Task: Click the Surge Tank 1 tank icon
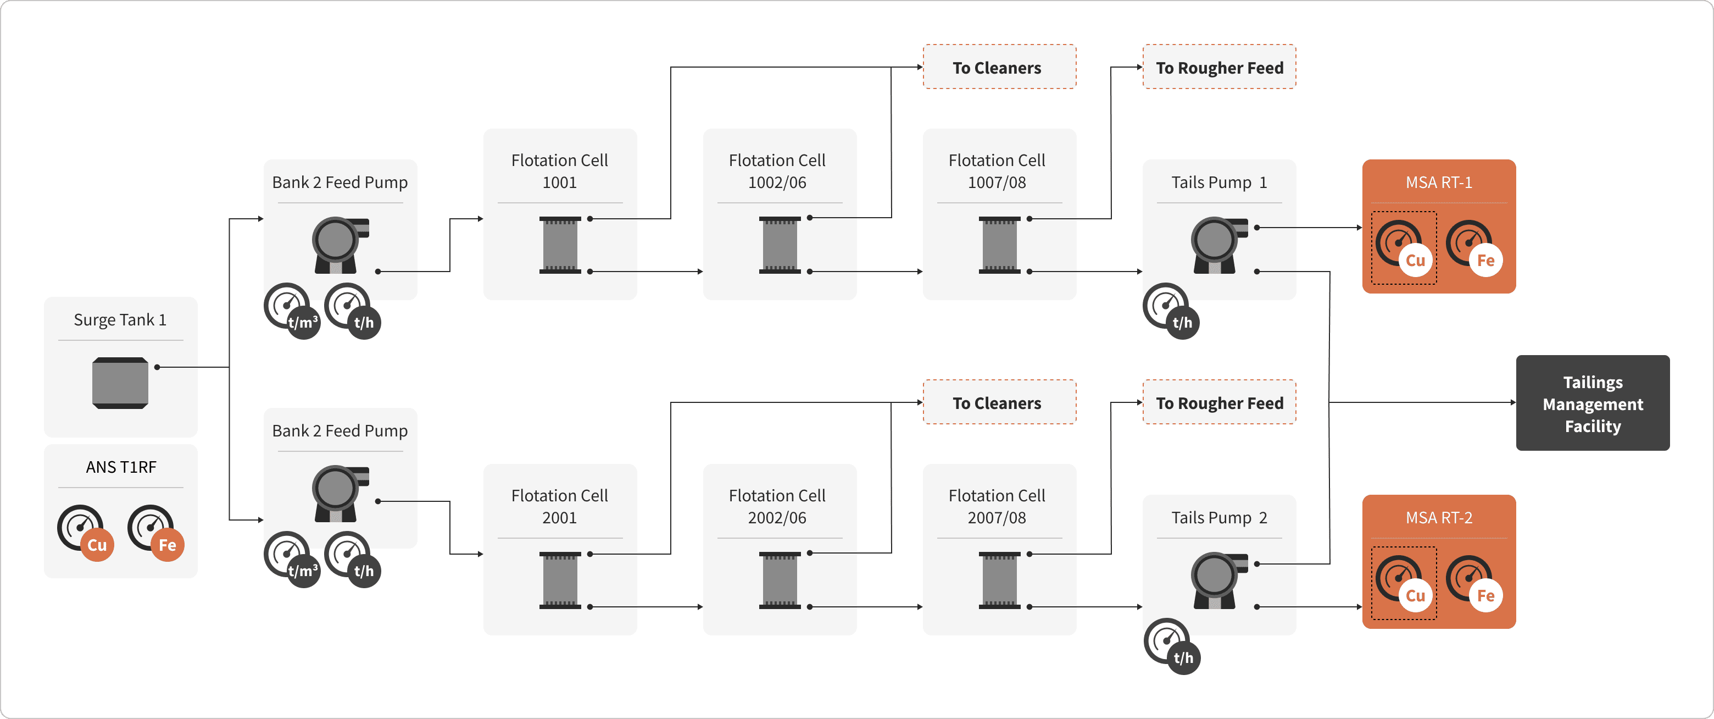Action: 120,383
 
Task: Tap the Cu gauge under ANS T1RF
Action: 85,533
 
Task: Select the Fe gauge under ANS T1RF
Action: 155,533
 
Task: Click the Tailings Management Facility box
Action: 1592,403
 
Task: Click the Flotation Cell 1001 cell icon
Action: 560,245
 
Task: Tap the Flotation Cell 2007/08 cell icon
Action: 999,580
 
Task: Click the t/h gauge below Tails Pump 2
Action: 1172,646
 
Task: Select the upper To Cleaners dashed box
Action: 999,67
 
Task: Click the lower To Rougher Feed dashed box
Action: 1219,403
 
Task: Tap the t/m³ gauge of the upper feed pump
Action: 292,311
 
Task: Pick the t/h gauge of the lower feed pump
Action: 353,559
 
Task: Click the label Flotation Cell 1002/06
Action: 776,171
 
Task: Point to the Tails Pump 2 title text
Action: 1219,517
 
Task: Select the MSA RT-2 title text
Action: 1439,517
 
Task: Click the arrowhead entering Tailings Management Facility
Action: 1512,402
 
